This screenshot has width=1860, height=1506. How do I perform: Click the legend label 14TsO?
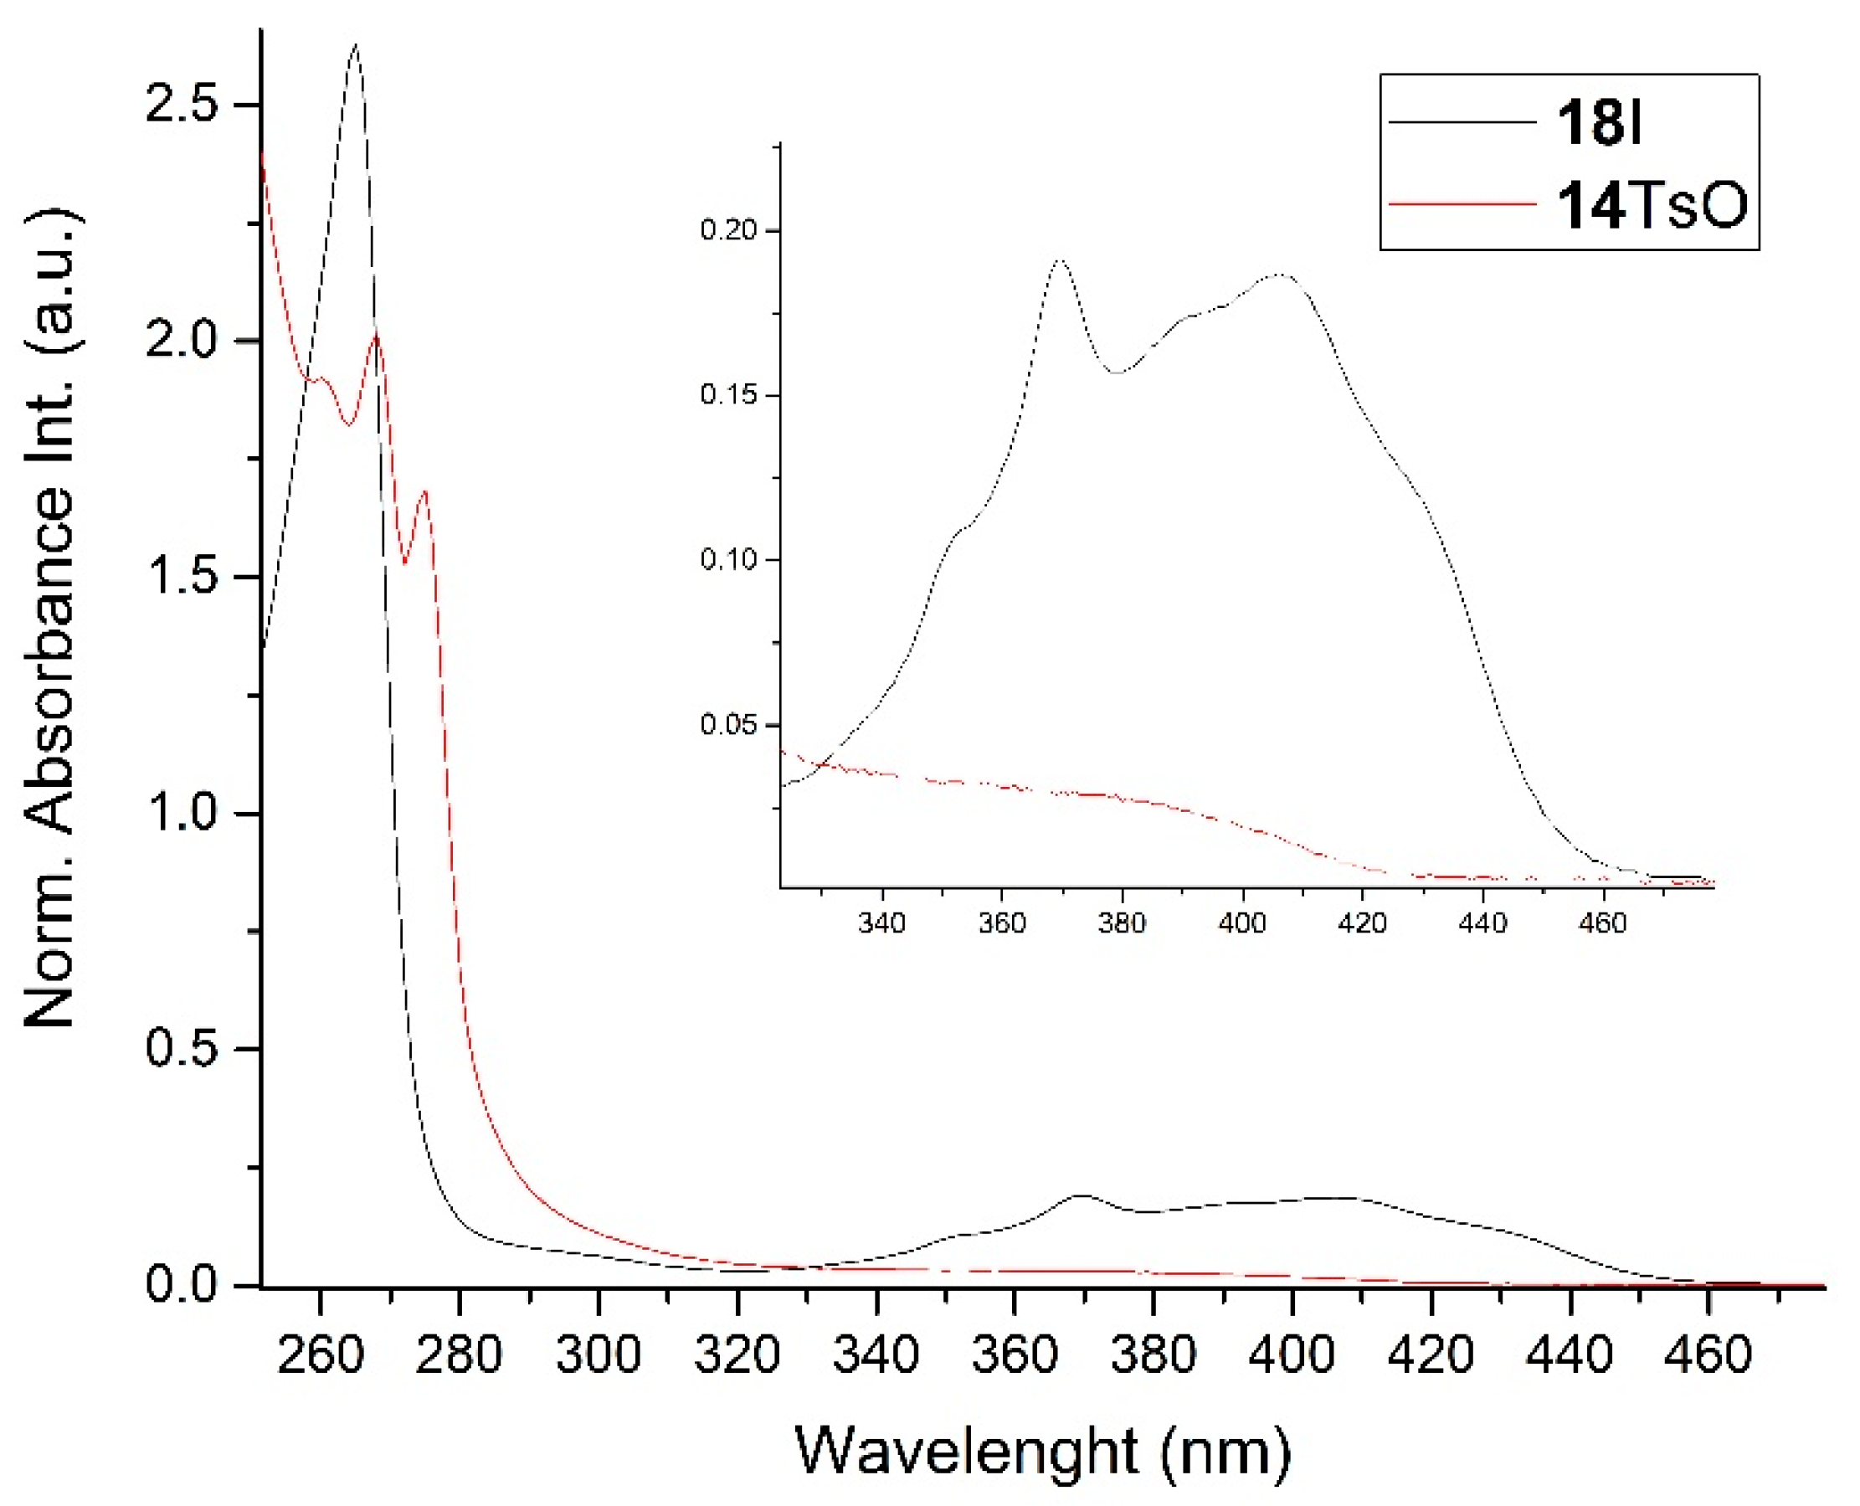tap(1651, 206)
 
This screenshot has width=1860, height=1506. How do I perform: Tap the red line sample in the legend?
tap(1462, 205)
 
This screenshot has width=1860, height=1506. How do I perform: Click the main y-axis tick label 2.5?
tap(181, 105)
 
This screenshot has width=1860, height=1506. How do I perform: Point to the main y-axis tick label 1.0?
tap(181, 813)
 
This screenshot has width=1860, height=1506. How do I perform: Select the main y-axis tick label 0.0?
tap(181, 1283)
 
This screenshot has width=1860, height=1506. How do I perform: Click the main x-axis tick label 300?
tap(598, 1354)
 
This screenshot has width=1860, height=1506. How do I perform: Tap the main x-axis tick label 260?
tap(319, 1354)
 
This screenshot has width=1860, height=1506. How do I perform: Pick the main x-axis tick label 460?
tap(1708, 1354)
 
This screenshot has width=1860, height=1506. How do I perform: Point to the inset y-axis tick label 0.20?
tap(728, 230)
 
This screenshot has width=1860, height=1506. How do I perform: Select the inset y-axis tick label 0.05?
tap(728, 724)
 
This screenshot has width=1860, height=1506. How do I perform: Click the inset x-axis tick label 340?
tap(881, 923)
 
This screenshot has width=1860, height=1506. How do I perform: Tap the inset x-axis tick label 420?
tap(1362, 923)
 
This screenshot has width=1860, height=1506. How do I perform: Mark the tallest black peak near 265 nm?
tap(355, 45)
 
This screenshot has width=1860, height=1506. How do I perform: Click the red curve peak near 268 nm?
tap(376, 336)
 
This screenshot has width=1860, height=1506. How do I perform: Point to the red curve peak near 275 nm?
tap(424, 493)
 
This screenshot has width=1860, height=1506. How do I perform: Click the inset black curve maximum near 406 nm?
tap(1281, 275)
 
